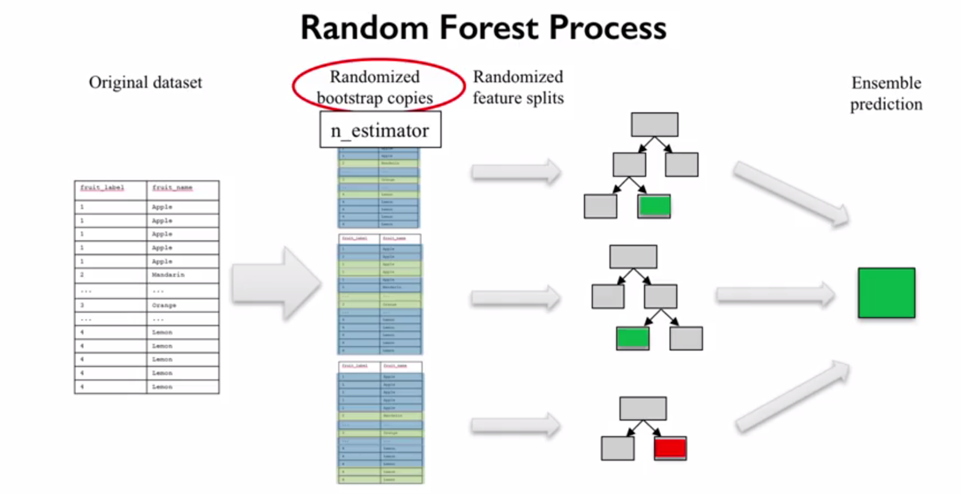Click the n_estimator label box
(380, 130)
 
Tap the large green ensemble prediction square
(886, 293)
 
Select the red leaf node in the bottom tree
(670, 448)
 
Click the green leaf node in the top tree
(654, 206)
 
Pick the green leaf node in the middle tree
(632, 338)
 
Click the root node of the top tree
(654, 124)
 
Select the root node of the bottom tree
(643, 408)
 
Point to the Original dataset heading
(145, 82)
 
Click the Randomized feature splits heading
(518, 87)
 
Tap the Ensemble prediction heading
(886, 93)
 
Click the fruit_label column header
(103, 188)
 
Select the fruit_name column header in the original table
(172, 188)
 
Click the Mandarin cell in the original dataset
(169, 275)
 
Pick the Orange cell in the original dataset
(164, 305)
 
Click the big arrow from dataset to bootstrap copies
(276, 283)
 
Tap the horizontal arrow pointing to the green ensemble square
(775, 294)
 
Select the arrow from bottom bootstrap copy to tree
(515, 426)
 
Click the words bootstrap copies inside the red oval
(375, 98)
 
